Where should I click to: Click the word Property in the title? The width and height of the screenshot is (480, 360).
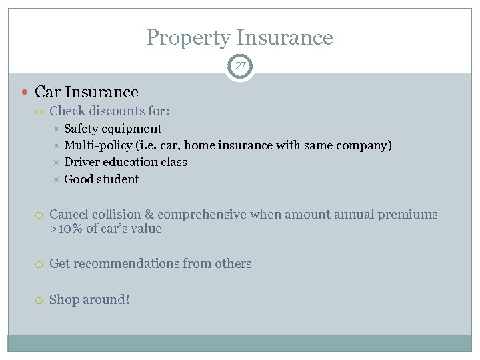(188, 38)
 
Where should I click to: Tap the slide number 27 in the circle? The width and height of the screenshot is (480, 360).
(240, 67)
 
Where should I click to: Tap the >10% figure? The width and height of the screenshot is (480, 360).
(65, 229)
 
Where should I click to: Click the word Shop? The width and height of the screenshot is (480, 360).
(64, 300)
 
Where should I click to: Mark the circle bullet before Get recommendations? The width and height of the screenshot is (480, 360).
(40, 264)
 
